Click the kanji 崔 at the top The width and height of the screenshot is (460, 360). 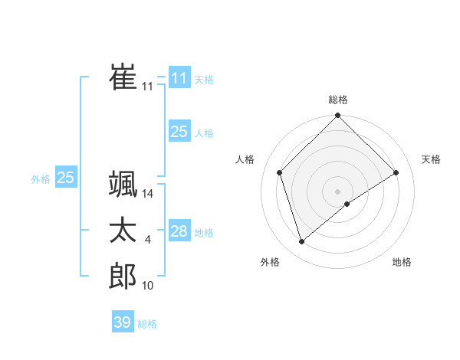point(123,77)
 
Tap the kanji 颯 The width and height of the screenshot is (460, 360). point(123,185)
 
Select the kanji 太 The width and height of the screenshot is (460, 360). point(123,231)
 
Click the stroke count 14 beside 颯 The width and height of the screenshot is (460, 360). point(148,195)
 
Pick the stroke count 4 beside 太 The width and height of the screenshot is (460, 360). point(148,241)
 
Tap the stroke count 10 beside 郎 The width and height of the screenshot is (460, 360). point(148,286)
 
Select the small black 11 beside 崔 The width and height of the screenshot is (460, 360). point(148,87)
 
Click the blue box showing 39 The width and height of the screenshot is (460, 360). point(122,322)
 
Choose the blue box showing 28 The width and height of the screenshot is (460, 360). point(179,231)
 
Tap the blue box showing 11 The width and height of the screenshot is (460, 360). point(179,78)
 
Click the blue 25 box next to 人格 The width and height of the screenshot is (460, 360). point(179,132)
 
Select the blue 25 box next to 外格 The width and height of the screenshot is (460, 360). point(65,178)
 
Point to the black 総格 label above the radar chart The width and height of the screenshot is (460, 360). point(338,100)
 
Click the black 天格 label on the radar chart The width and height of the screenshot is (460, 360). point(432,159)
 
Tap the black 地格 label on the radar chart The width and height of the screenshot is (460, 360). point(402,262)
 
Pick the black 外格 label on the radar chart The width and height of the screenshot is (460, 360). point(270,262)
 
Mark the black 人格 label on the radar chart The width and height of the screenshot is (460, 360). point(245,159)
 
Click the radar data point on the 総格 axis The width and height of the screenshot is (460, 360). point(338,116)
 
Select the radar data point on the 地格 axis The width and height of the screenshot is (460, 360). point(347,204)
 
